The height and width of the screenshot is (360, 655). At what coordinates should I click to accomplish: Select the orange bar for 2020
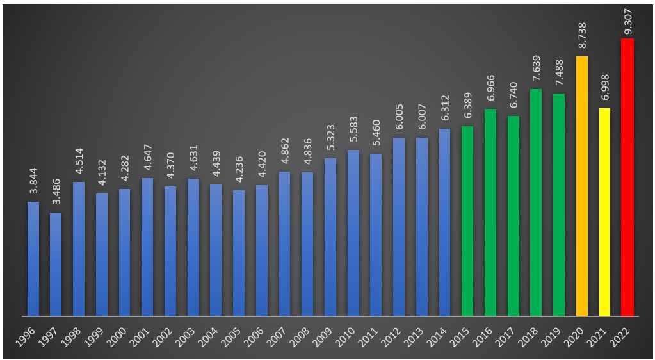click(581, 186)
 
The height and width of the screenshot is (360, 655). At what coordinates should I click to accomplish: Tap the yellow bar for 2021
click(604, 212)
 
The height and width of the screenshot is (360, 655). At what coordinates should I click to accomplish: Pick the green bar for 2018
click(536, 202)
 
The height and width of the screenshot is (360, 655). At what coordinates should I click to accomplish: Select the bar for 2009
click(330, 237)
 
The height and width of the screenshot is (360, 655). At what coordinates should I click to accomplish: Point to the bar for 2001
click(147, 247)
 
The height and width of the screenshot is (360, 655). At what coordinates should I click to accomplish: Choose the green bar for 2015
click(467, 221)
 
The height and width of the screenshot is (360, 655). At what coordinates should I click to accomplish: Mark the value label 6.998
click(604, 91)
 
